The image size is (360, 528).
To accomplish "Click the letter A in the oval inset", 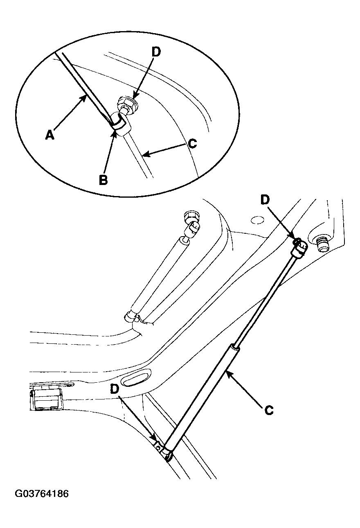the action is click(50, 135).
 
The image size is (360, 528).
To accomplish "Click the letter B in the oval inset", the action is click(103, 181).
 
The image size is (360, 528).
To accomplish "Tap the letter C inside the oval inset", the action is click(193, 143).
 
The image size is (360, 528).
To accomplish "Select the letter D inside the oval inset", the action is click(156, 52).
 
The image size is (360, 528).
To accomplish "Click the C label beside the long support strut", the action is click(269, 411).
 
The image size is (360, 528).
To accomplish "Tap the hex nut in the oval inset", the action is click(128, 105).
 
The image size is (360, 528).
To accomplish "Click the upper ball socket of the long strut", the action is click(299, 248).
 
